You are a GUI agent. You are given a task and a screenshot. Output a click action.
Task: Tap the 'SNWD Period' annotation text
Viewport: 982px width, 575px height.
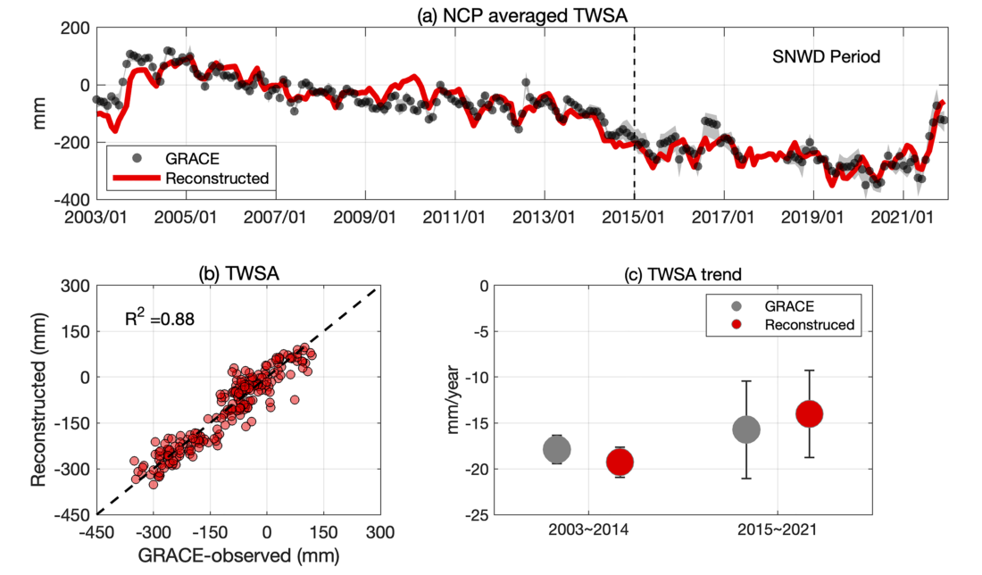tap(826, 57)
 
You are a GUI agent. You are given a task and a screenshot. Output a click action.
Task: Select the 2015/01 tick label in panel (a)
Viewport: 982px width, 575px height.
tap(635, 217)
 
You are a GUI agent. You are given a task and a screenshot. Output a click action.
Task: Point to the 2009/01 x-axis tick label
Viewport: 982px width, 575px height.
tap(366, 217)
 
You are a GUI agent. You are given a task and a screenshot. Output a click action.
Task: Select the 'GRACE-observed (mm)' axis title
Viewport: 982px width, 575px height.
tap(237, 554)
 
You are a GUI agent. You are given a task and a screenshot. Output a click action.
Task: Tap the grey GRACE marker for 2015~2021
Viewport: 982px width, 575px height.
tap(746, 429)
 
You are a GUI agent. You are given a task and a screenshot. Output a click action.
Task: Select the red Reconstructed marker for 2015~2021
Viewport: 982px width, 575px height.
tap(810, 413)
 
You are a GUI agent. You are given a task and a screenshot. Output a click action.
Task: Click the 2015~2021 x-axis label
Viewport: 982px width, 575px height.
tap(778, 529)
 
